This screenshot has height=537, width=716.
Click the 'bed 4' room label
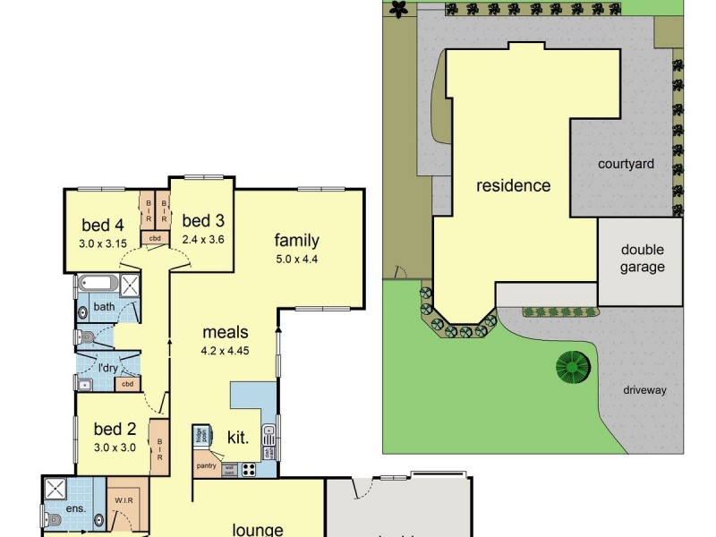coord(103,224)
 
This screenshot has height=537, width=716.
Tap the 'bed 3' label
coord(203,220)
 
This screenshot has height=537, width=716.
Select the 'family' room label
coord(296,240)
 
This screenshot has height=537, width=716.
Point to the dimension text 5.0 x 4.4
coord(296,260)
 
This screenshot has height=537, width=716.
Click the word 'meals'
coord(225,332)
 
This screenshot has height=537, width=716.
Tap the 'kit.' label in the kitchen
coord(237,438)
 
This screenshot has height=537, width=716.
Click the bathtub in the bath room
coord(97,286)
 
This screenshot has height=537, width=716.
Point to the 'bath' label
coord(105,307)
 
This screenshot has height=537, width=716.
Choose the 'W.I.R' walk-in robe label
coord(124,499)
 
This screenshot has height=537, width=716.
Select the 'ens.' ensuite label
coord(77,509)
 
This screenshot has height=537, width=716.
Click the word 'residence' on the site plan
coord(513,186)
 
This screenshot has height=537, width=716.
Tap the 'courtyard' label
coord(626,164)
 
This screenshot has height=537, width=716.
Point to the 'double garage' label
coord(642,259)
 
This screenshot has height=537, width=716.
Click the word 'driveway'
coord(645,390)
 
